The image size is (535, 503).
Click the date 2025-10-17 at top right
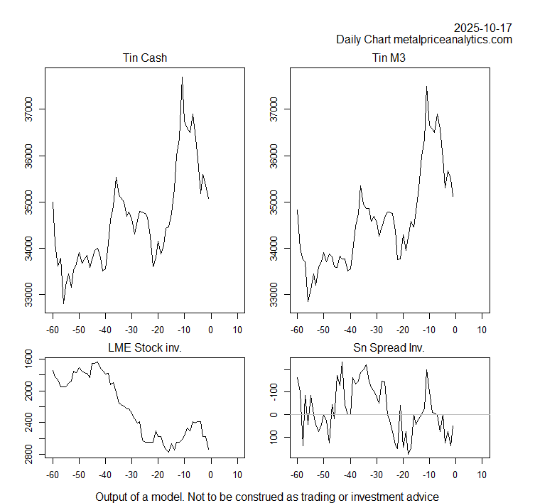[483, 28]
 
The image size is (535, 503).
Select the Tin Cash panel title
[145, 58]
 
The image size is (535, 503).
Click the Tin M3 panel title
[389, 58]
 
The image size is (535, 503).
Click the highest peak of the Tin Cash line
[183, 77]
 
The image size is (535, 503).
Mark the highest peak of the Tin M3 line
[427, 87]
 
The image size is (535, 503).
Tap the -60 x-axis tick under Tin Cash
[53, 330]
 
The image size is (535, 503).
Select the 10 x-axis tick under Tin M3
[482, 330]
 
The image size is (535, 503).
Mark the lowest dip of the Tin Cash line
[63, 303]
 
